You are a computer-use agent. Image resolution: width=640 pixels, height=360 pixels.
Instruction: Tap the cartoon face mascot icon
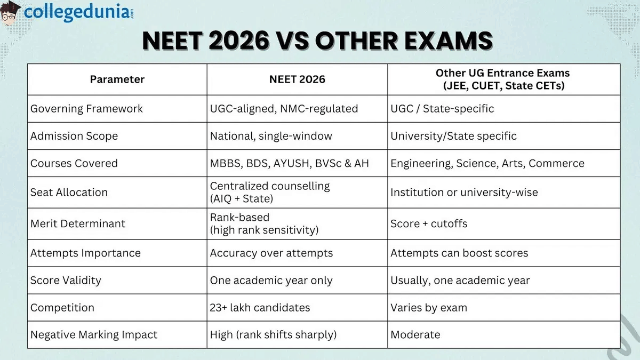(11, 12)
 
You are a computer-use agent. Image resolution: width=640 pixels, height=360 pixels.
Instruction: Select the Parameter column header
(117, 79)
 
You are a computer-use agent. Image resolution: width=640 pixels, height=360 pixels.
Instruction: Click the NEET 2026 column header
(297, 79)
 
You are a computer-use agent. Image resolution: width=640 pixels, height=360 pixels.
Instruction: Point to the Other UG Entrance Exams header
(503, 79)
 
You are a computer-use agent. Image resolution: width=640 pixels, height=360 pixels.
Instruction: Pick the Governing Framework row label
(86, 109)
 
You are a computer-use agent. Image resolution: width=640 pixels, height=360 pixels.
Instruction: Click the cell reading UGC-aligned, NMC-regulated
(284, 109)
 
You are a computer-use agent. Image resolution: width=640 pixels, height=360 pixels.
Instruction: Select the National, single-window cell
(271, 136)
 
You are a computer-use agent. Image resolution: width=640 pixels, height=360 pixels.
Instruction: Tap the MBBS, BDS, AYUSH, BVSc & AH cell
(289, 164)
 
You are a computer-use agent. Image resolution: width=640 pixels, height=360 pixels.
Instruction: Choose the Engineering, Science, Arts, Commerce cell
(487, 164)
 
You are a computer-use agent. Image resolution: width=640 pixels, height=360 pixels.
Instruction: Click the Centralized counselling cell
(270, 193)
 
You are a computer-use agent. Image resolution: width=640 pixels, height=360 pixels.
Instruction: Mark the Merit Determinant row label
(78, 223)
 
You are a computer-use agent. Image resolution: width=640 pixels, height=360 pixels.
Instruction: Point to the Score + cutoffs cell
(429, 223)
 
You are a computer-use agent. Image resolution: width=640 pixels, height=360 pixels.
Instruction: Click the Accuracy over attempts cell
(271, 253)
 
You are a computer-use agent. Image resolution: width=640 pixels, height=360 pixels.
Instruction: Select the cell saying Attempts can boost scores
(459, 253)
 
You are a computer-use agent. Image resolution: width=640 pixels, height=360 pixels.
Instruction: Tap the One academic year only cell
(271, 281)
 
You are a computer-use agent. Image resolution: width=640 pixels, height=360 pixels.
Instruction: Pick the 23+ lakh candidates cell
(260, 308)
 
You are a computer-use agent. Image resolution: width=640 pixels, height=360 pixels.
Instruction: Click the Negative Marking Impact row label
(94, 335)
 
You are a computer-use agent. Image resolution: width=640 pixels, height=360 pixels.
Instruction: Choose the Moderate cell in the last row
(415, 335)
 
